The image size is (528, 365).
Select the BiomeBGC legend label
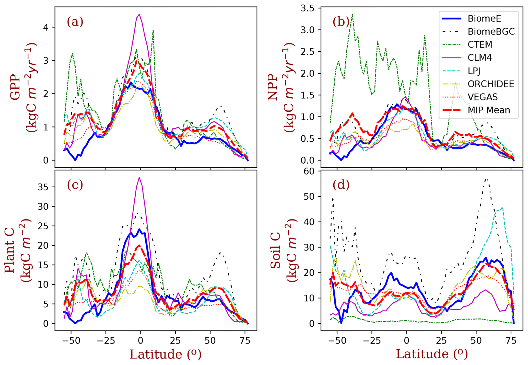491,32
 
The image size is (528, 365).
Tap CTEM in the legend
480,45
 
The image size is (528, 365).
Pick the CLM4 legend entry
480,58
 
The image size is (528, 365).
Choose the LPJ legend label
474,71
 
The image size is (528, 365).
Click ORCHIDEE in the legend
491,84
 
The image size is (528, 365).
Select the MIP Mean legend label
489,110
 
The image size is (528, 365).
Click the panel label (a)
75,22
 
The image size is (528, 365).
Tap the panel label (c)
75,185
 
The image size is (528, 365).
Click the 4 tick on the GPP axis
46,27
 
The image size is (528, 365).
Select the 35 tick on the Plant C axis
43,187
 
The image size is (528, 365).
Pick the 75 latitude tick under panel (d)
511,341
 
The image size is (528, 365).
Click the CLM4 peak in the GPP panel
139,14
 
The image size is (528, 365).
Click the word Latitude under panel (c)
156,355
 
